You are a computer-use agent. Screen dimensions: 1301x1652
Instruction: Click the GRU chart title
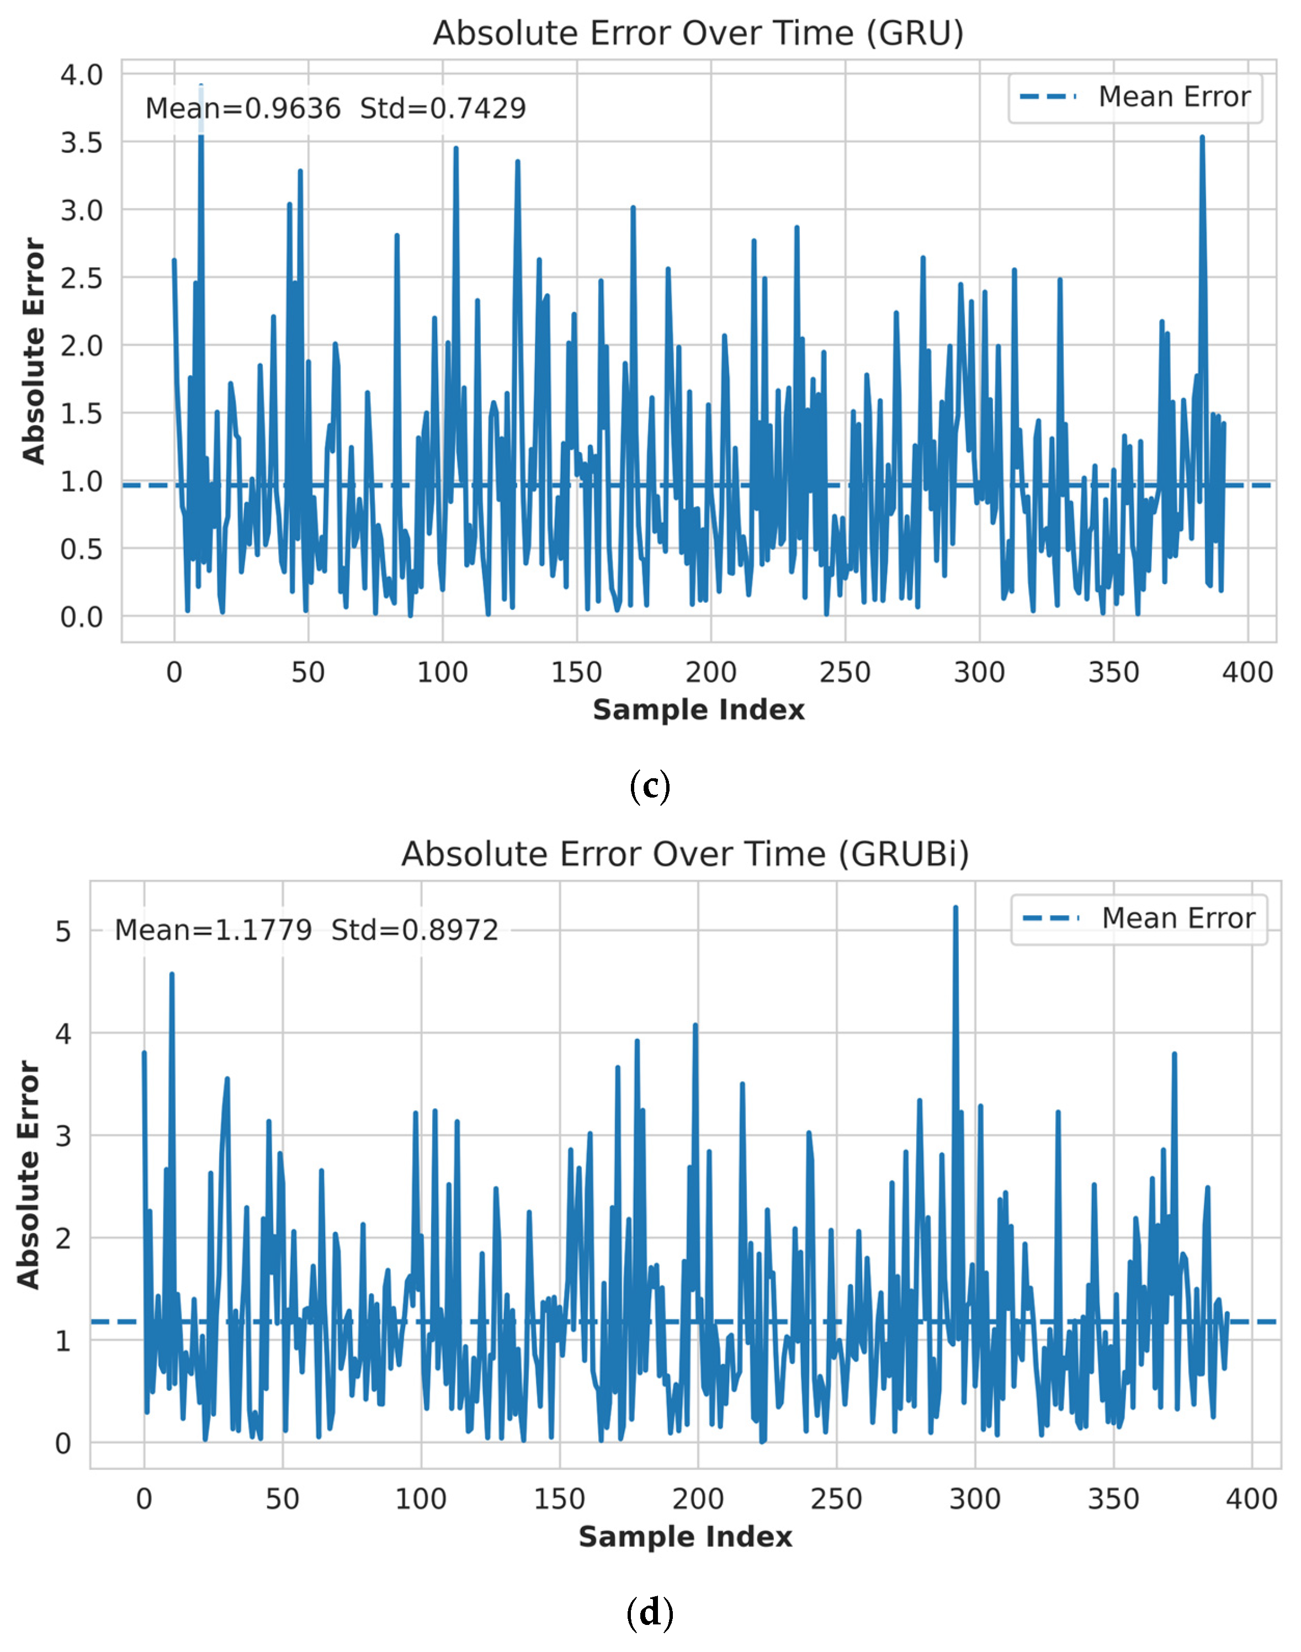[698, 34]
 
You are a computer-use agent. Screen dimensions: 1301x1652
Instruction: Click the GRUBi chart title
[685, 854]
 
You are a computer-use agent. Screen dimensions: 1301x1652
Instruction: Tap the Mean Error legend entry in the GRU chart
[1134, 97]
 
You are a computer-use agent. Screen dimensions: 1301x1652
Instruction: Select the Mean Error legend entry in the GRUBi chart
[1138, 918]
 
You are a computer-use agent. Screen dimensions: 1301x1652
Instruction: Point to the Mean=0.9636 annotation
[243, 108]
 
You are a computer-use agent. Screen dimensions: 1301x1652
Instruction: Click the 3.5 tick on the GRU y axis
[82, 142]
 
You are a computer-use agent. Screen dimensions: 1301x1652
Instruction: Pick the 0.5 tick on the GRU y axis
[82, 549]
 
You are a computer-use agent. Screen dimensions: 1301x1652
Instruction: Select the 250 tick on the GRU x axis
[845, 672]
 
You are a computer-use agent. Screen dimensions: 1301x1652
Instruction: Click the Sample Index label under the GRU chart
[698, 710]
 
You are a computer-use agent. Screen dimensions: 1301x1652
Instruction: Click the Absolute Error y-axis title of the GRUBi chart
[29, 1175]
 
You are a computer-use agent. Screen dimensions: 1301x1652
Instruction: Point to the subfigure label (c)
[650, 785]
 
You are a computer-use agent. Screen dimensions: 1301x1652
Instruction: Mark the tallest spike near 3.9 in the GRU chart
[200, 86]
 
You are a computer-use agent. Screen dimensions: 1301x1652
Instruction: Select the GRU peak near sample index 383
[1202, 138]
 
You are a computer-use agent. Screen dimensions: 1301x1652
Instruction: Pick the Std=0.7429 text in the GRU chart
[443, 108]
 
